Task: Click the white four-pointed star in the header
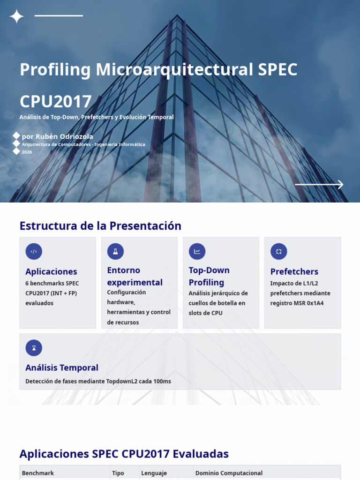click(16, 16)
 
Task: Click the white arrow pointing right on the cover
click(319, 185)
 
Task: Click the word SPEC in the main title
click(277, 69)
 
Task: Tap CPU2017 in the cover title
click(55, 102)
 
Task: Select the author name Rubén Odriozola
click(64, 136)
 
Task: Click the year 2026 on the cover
click(27, 152)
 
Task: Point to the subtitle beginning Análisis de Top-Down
click(97, 117)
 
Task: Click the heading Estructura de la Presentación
click(100, 226)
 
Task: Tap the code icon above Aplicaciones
click(34, 251)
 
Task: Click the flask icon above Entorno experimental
click(115, 251)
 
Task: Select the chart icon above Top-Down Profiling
click(197, 251)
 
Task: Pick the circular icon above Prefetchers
click(278, 251)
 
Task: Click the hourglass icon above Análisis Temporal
click(34, 348)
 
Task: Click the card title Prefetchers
click(294, 271)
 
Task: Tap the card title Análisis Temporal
click(62, 367)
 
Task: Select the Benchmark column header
click(37, 473)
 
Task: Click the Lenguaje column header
click(154, 473)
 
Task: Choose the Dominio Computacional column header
click(229, 473)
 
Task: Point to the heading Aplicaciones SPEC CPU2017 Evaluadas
click(124, 454)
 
